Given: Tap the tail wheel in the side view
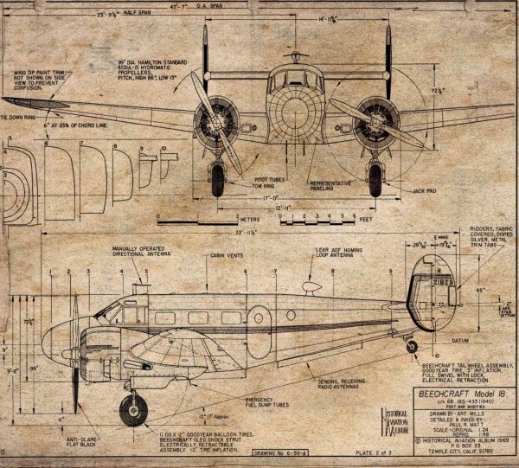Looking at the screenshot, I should (x=411, y=345).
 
